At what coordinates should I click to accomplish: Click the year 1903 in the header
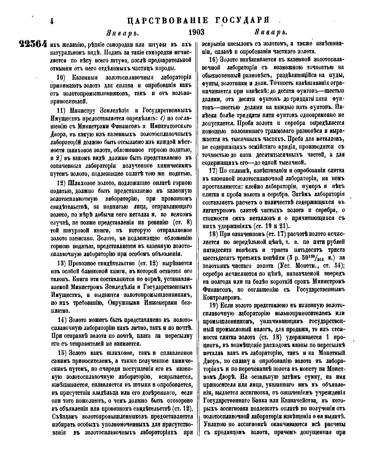click(x=196, y=32)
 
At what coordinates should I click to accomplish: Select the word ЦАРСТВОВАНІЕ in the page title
click(x=167, y=21)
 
